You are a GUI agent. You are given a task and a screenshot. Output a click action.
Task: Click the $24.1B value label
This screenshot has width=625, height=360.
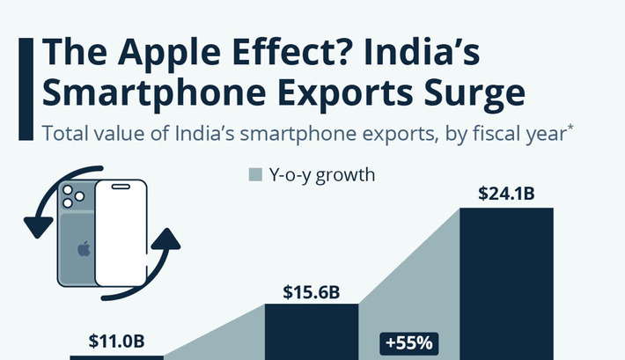coord(506,194)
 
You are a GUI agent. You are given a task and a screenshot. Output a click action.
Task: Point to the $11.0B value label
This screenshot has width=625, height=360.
coord(117,341)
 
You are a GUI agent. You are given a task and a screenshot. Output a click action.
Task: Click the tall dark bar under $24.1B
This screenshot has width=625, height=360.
coord(507,282)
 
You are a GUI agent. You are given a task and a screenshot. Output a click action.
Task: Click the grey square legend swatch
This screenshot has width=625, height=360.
coord(256,174)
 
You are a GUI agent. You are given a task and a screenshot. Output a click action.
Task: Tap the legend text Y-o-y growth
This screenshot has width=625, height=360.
coord(323,174)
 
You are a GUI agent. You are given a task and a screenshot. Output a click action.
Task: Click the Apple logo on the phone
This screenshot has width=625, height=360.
coord(84,248)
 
